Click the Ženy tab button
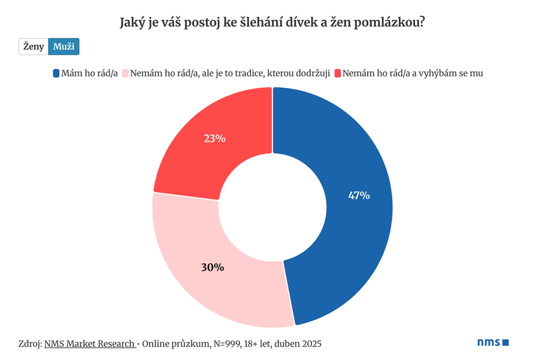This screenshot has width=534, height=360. (x=33, y=46)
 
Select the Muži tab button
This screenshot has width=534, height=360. (x=63, y=46)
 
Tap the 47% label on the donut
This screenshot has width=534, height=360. (x=359, y=196)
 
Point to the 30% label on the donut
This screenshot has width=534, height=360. (x=212, y=267)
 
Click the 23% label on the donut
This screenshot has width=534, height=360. (x=214, y=139)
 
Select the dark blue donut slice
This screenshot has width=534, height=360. (x=346, y=235)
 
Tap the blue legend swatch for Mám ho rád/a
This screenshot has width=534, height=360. (x=56, y=73)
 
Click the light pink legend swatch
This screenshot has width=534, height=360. (x=125, y=73)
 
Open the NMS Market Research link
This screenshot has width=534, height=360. (x=89, y=344)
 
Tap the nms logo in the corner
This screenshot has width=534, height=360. (x=492, y=342)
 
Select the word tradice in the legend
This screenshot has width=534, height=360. (x=248, y=73)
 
